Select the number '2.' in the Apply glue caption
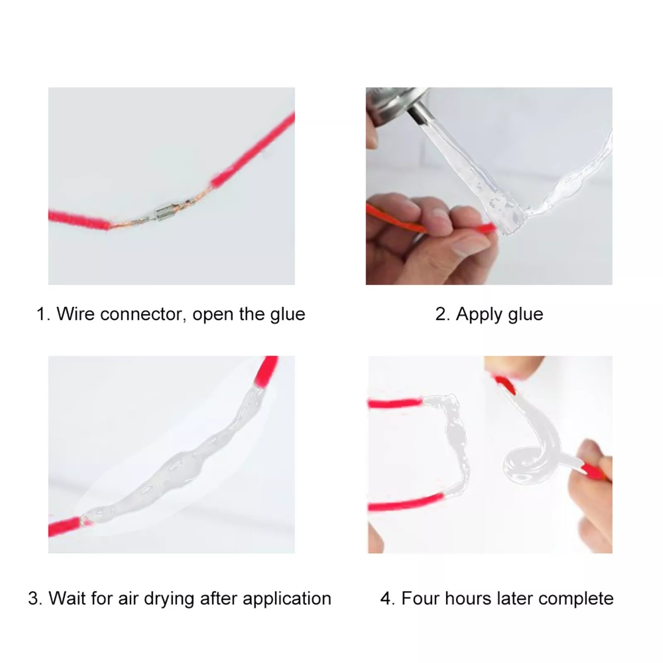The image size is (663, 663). click(x=443, y=315)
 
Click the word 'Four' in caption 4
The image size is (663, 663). click(x=420, y=599)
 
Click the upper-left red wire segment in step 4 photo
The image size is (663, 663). click(x=394, y=402)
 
